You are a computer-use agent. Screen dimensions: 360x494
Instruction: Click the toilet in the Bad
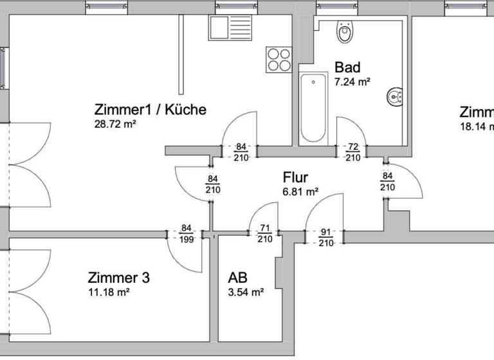345,32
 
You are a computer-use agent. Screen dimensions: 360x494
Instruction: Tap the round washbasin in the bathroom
395,97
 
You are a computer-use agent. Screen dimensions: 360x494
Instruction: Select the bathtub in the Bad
314,108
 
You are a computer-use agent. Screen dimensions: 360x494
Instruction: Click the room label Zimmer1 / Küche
150,109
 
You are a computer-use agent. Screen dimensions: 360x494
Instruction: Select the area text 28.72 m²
115,124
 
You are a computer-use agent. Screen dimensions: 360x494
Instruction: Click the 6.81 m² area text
301,192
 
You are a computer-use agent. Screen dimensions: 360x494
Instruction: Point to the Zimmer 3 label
118,278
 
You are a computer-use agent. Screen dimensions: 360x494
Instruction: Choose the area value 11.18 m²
109,292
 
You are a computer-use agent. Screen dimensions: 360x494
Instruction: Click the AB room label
238,278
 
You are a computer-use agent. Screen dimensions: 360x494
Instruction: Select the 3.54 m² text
246,292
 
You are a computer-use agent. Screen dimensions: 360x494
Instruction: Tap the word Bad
347,67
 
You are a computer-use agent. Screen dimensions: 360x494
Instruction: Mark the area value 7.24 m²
352,82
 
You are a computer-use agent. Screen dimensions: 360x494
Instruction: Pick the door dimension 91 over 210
325,238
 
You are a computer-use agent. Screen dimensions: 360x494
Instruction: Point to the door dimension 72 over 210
352,152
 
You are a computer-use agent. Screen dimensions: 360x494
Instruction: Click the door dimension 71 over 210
264,233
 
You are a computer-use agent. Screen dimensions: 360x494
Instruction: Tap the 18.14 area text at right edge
476,127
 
